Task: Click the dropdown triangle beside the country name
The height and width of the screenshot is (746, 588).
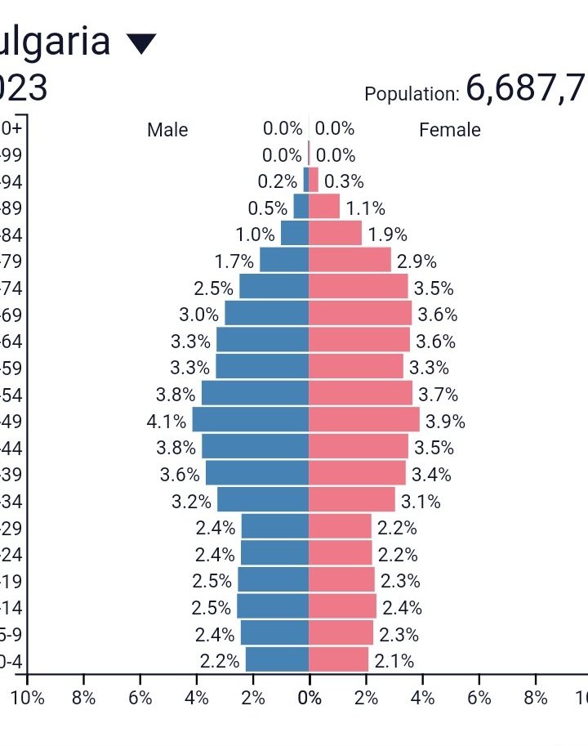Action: click(x=141, y=43)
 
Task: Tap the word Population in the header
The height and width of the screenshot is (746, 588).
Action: click(x=412, y=94)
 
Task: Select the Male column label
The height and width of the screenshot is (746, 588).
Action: click(x=167, y=130)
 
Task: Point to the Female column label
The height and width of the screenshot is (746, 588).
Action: click(x=450, y=130)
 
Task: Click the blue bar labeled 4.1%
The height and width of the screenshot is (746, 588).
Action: click(x=251, y=420)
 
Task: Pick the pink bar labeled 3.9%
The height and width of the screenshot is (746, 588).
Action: click(x=364, y=420)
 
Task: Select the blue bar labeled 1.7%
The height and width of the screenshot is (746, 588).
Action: click(x=284, y=261)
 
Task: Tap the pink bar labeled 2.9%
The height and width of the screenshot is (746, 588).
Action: click(x=350, y=261)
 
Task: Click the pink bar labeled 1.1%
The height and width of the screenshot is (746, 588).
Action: click(x=324, y=207)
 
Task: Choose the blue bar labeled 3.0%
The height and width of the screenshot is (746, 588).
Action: click(x=267, y=314)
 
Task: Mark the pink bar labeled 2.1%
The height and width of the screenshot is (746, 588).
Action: click(x=339, y=659)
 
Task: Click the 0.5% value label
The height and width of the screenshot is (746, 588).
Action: click(x=268, y=208)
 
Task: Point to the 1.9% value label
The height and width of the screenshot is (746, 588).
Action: click(x=387, y=235)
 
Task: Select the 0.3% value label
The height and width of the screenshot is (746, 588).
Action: click(x=344, y=182)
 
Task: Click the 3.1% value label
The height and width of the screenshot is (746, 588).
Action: click(x=421, y=501)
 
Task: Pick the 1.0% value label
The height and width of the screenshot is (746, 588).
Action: click(x=255, y=235)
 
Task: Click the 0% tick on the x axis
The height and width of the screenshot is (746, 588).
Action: click(x=310, y=698)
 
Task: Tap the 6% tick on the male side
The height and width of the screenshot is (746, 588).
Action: click(x=140, y=698)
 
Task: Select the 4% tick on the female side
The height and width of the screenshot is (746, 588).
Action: click(x=422, y=698)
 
